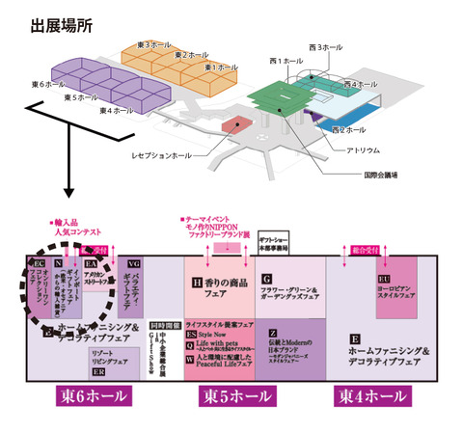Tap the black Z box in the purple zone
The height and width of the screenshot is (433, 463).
(x=273, y=334)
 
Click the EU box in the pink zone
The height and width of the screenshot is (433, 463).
(x=383, y=280)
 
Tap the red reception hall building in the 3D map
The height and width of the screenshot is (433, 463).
(x=234, y=123)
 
